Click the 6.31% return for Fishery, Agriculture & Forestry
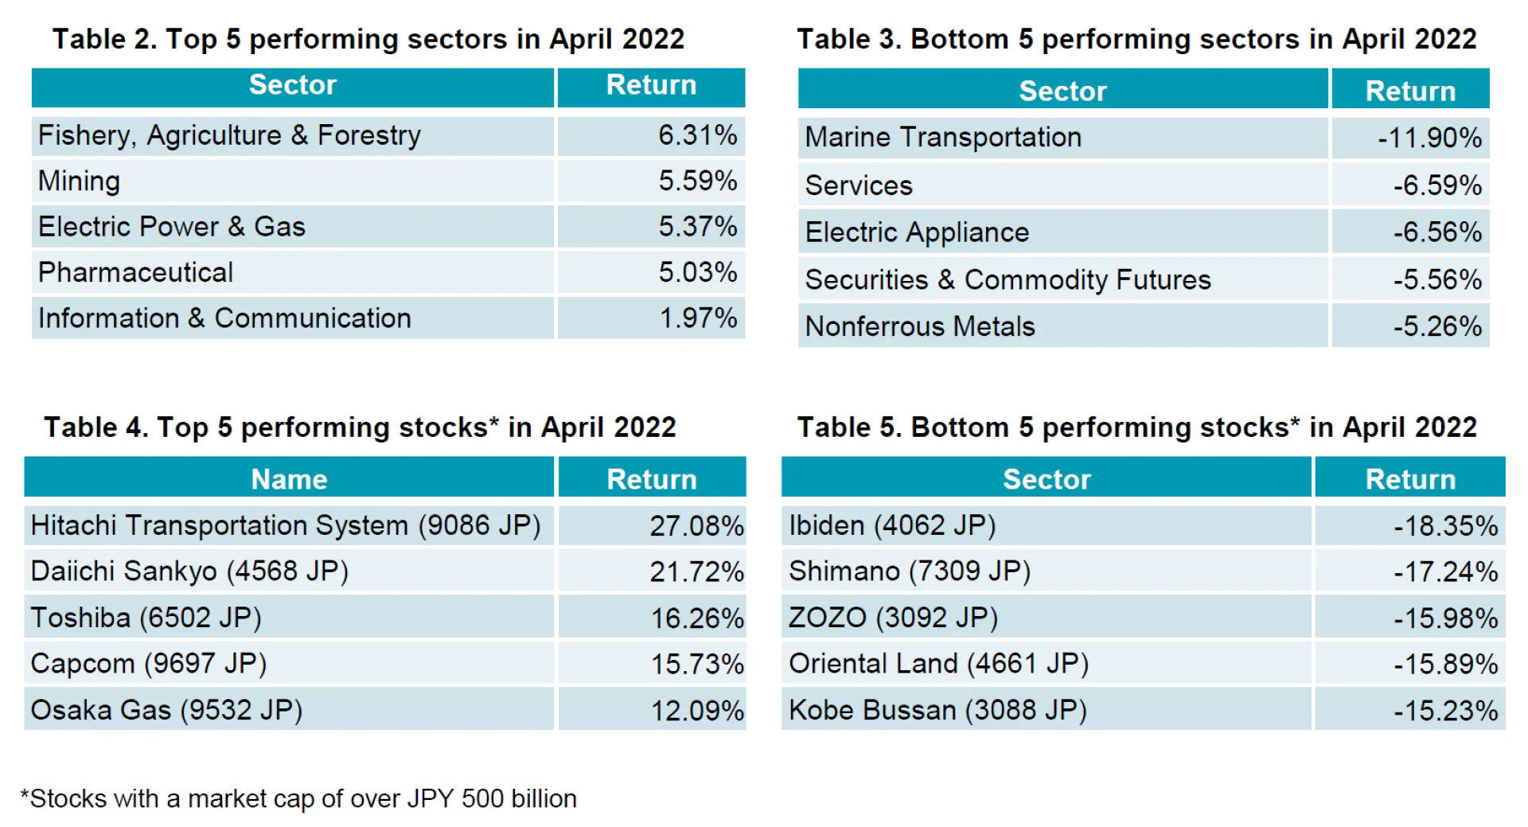[x=696, y=135]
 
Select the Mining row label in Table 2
[x=80, y=181]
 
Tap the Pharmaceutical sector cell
[x=136, y=273]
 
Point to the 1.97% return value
[x=697, y=318]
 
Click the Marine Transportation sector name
[x=943, y=138]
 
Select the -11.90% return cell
[x=1429, y=138]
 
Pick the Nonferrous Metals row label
[x=920, y=326]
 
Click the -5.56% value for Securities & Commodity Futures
[x=1436, y=280]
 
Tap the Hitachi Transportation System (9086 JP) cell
[x=286, y=526]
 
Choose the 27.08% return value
[x=696, y=526]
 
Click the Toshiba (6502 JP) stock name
[x=146, y=618]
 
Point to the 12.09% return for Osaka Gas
[x=696, y=711]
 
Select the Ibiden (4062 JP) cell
[x=892, y=526]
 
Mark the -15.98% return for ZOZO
[x=1445, y=618]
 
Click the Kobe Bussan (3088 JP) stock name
[x=937, y=711]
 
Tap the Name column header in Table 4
[x=289, y=479]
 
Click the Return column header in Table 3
[x=1410, y=91]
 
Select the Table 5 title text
[x=1136, y=427]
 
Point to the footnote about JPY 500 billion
[x=299, y=798]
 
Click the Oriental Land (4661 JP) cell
[x=938, y=664]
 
